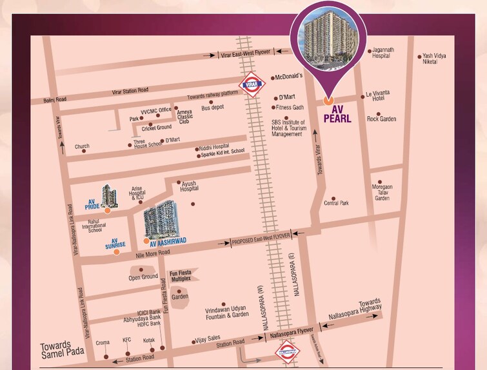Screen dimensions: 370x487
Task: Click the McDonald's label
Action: pyautogui.click(x=289, y=76)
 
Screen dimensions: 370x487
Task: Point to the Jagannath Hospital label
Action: pyautogui.click(x=381, y=52)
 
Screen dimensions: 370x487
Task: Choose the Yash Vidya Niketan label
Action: pyautogui.click(x=434, y=59)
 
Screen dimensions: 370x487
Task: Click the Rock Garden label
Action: pyautogui.click(x=382, y=119)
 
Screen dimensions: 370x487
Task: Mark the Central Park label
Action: pyautogui.click(x=336, y=203)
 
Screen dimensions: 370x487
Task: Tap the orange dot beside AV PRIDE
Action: pyautogui.click(x=107, y=210)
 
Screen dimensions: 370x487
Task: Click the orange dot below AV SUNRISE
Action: pyautogui.click(x=116, y=252)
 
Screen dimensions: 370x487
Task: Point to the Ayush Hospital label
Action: pyautogui.click(x=189, y=186)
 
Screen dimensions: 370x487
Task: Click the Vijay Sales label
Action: pyautogui.click(x=208, y=341)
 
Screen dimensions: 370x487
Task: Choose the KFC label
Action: pyautogui.click(x=127, y=340)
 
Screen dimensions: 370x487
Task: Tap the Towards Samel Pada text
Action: pyautogui.click(x=61, y=350)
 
